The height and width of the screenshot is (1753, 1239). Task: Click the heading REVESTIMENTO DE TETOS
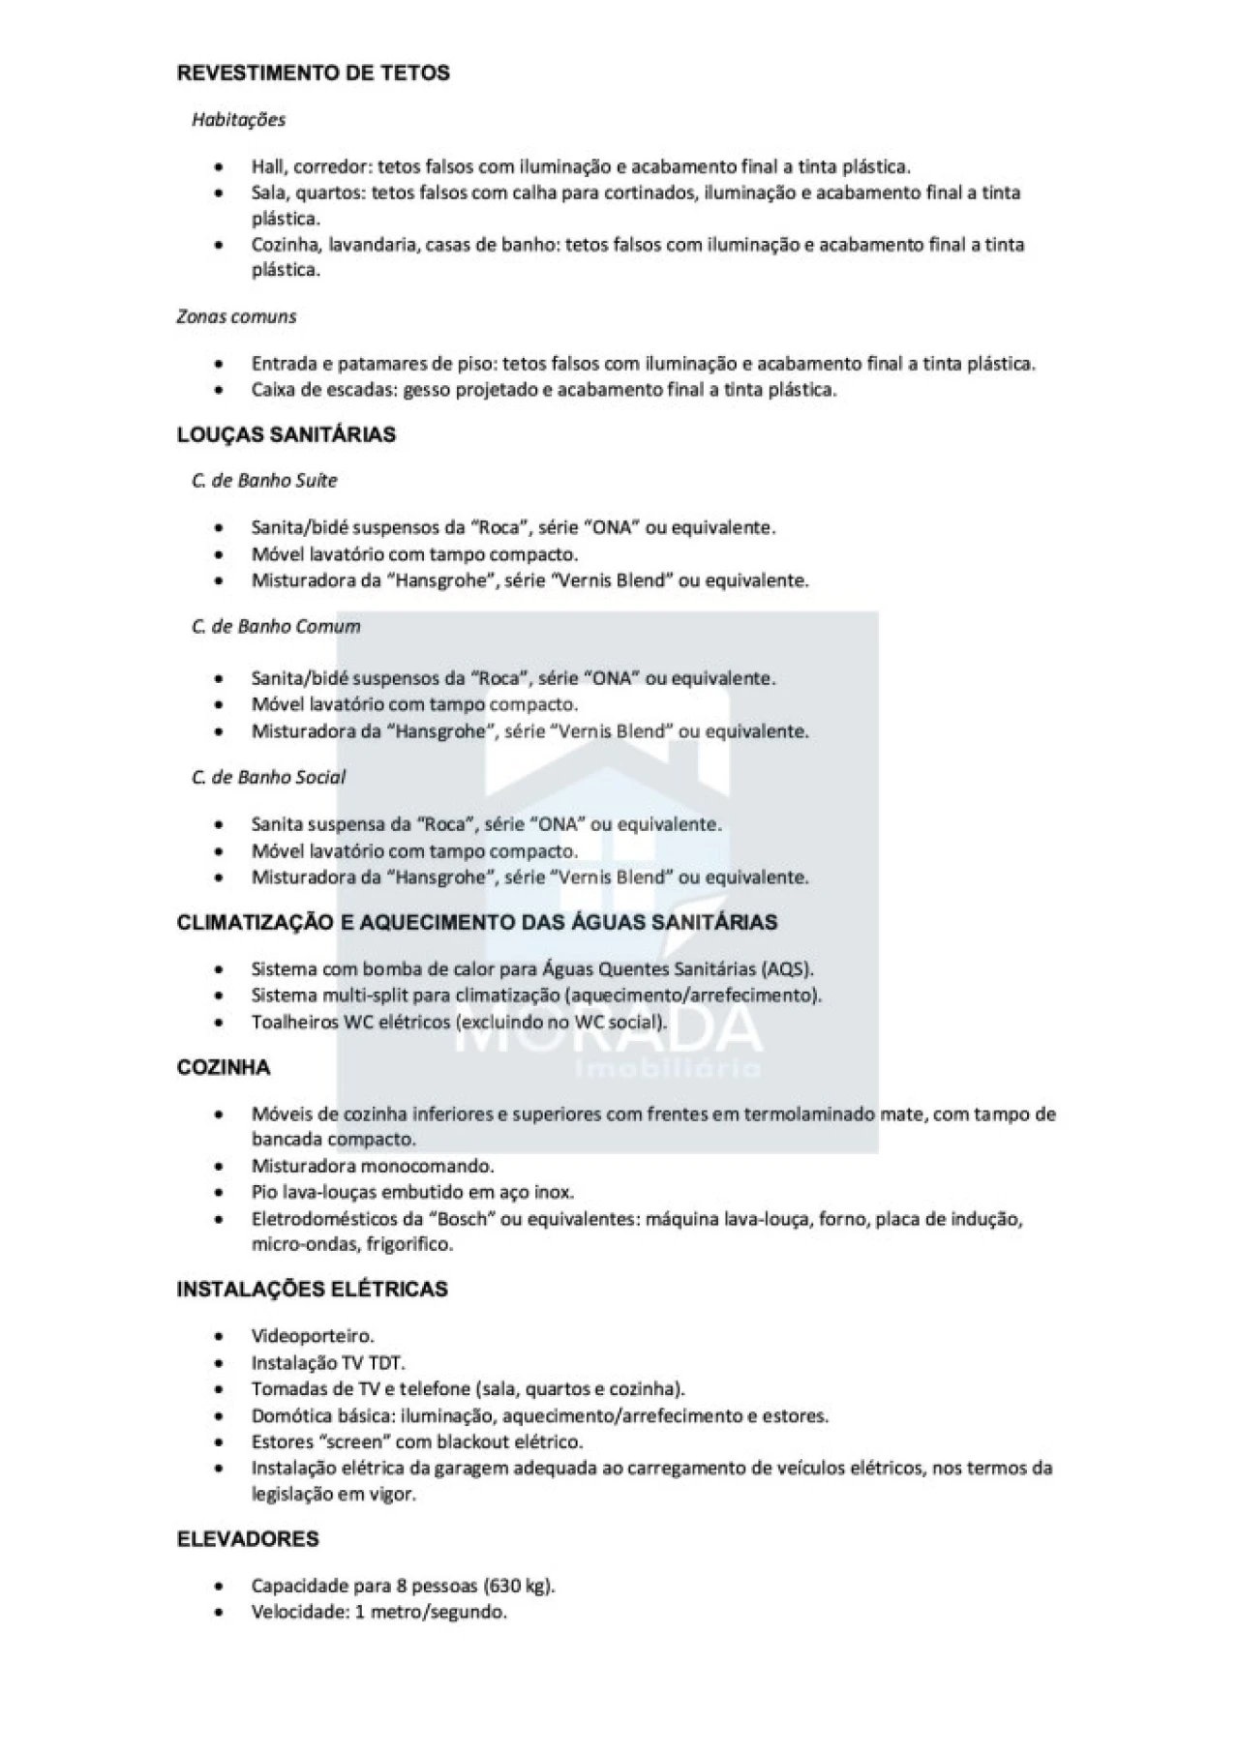click(x=313, y=74)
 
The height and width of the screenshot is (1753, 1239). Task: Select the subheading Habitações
click(x=238, y=120)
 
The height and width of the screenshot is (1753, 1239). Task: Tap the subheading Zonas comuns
click(x=236, y=316)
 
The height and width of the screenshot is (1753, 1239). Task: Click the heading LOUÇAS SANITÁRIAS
click(x=286, y=435)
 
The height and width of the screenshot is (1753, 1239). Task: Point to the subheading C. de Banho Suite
click(x=264, y=481)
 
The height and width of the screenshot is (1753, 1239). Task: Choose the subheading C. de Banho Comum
click(x=276, y=627)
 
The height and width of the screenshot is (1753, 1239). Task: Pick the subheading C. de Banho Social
click(x=268, y=778)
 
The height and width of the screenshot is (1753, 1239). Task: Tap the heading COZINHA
click(x=224, y=1068)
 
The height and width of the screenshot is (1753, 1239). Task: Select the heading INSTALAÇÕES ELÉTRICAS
click(x=312, y=1290)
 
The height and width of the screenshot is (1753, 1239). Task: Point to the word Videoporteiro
click(x=312, y=1337)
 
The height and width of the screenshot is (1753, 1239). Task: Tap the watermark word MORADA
click(x=608, y=1027)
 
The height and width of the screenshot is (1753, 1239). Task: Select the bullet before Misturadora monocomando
click(x=220, y=1167)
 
